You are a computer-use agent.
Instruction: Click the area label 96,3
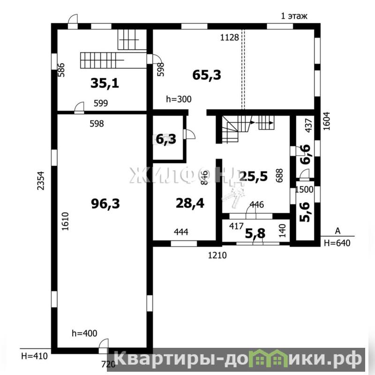[105, 204]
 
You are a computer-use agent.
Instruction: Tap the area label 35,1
[105, 83]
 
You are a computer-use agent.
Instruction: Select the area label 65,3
[207, 75]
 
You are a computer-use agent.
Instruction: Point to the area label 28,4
[190, 203]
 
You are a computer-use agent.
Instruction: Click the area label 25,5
[254, 176]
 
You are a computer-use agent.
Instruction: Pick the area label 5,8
[255, 233]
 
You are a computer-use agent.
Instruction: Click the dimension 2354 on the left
[41, 180]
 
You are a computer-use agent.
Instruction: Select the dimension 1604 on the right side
[326, 121]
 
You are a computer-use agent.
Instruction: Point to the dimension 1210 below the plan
[217, 255]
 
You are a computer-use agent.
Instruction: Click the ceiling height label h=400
[84, 333]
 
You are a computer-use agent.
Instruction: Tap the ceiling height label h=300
[179, 99]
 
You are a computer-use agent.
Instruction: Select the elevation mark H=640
[337, 243]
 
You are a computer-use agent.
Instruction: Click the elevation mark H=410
[34, 356]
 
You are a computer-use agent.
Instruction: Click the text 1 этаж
[294, 16]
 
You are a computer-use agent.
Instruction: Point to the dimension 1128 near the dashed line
[229, 37]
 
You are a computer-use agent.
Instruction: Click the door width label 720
[108, 364]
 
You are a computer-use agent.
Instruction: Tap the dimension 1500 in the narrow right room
[304, 190]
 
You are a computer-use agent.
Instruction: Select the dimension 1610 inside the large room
[65, 221]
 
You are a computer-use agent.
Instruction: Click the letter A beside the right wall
[337, 231]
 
